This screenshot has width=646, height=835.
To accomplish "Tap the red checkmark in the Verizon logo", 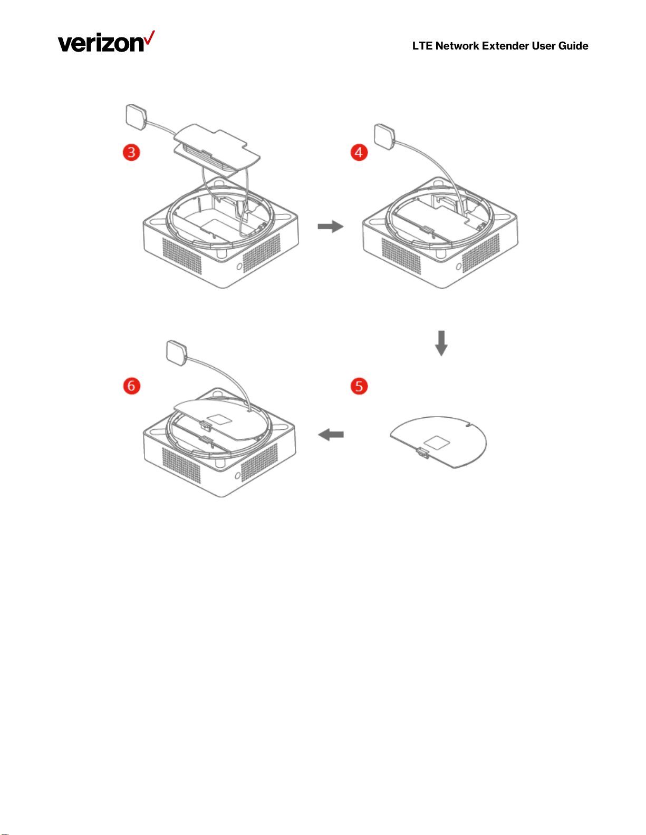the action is point(149,37).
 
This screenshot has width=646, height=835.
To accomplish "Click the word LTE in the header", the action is point(422,46).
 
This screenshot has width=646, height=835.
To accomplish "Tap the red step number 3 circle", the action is point(131,153).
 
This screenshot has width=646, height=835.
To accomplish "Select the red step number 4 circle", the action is point(359,153).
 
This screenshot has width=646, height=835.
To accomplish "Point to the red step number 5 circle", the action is point(359,386).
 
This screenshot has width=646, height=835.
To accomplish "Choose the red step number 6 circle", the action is point(131,386).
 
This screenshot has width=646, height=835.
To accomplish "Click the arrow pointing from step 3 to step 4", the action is point(330,227).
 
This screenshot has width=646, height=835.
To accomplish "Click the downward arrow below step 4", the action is point(441,343).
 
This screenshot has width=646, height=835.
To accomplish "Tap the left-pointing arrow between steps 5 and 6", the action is point(331,435).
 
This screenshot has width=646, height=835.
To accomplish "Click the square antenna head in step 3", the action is point(137,117).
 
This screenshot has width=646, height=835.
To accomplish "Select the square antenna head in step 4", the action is point(384,137).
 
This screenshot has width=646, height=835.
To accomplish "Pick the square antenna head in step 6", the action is point(177,353).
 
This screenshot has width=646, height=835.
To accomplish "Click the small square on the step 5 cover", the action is point(437,442).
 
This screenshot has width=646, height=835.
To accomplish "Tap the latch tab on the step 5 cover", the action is point(422,453).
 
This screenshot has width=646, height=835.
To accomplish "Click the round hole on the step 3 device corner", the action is point(239,266).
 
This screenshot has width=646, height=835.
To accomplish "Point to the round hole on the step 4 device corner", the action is point(458,267).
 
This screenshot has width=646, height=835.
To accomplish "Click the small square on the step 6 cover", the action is point(219,420).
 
